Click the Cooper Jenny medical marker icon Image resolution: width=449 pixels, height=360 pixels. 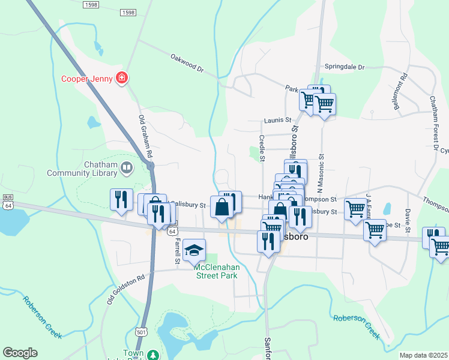[122, 78]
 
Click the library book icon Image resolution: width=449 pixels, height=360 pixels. [127, 168]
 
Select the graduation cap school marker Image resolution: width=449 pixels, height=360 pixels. [194, 250]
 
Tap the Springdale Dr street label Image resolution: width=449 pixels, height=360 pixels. [345, 67]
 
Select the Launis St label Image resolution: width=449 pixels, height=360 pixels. [277, 120]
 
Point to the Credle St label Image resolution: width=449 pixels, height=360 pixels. [262, 148]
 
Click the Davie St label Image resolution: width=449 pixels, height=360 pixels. [407, 221]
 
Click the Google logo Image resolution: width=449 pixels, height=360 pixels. [20, 353]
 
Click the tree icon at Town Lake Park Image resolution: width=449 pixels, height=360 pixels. [153, 355]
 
